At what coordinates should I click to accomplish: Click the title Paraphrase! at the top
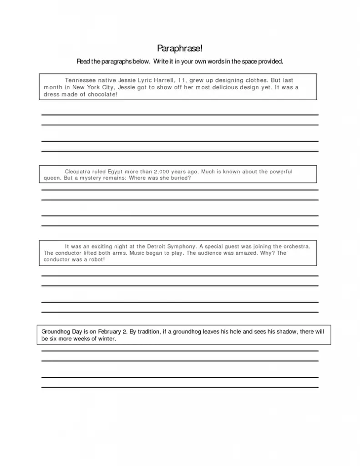[180, 48]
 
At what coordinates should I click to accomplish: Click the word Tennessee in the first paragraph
[80, 80]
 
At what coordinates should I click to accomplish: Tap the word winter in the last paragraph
[106, 339]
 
